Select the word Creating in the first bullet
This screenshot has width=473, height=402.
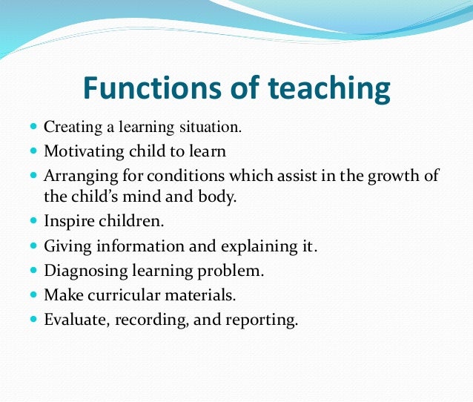click(x=71, y=128)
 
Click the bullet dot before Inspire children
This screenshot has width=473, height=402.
click(x=33, y=221)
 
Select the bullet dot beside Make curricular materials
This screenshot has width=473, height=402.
click(x=33, y=294)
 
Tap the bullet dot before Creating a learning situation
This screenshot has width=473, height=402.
click(x=33, y=128)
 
